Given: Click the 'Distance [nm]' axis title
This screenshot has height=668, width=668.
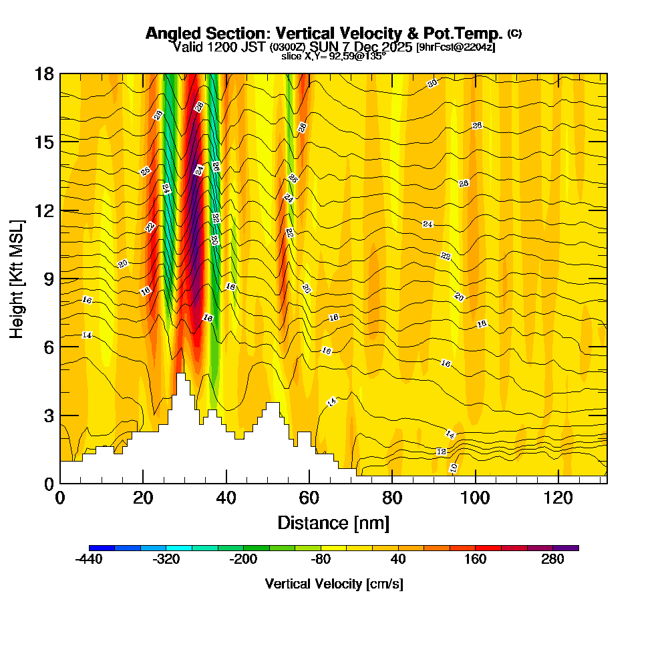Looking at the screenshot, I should click(x=333, y=522).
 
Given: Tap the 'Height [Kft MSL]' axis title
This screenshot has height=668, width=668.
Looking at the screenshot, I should click(x=17, y=278).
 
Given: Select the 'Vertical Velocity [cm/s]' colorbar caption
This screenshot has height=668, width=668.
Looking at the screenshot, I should click(x=333, y=584).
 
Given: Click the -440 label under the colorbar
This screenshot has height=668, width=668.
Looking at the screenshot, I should click(x=89, y=560).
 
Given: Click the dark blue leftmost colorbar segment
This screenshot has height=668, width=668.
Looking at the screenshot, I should click(x=102, y=548).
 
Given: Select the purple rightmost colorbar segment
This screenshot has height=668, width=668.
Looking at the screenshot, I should click(x=566, y=548).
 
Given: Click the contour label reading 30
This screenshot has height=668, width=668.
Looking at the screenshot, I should click(x=432, y=84).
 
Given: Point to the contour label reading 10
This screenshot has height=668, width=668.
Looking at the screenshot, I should click(x=454, y=468).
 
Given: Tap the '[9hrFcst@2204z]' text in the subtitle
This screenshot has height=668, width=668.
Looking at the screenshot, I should click(x=455, y=47).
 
